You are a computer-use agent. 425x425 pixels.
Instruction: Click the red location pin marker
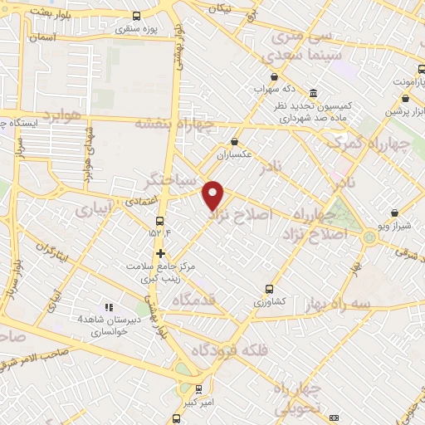(x=214, y=194)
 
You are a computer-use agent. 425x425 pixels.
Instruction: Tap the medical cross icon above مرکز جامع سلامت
(x=160, y=253)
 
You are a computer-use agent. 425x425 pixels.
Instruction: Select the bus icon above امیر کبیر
(x=198, y=388)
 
